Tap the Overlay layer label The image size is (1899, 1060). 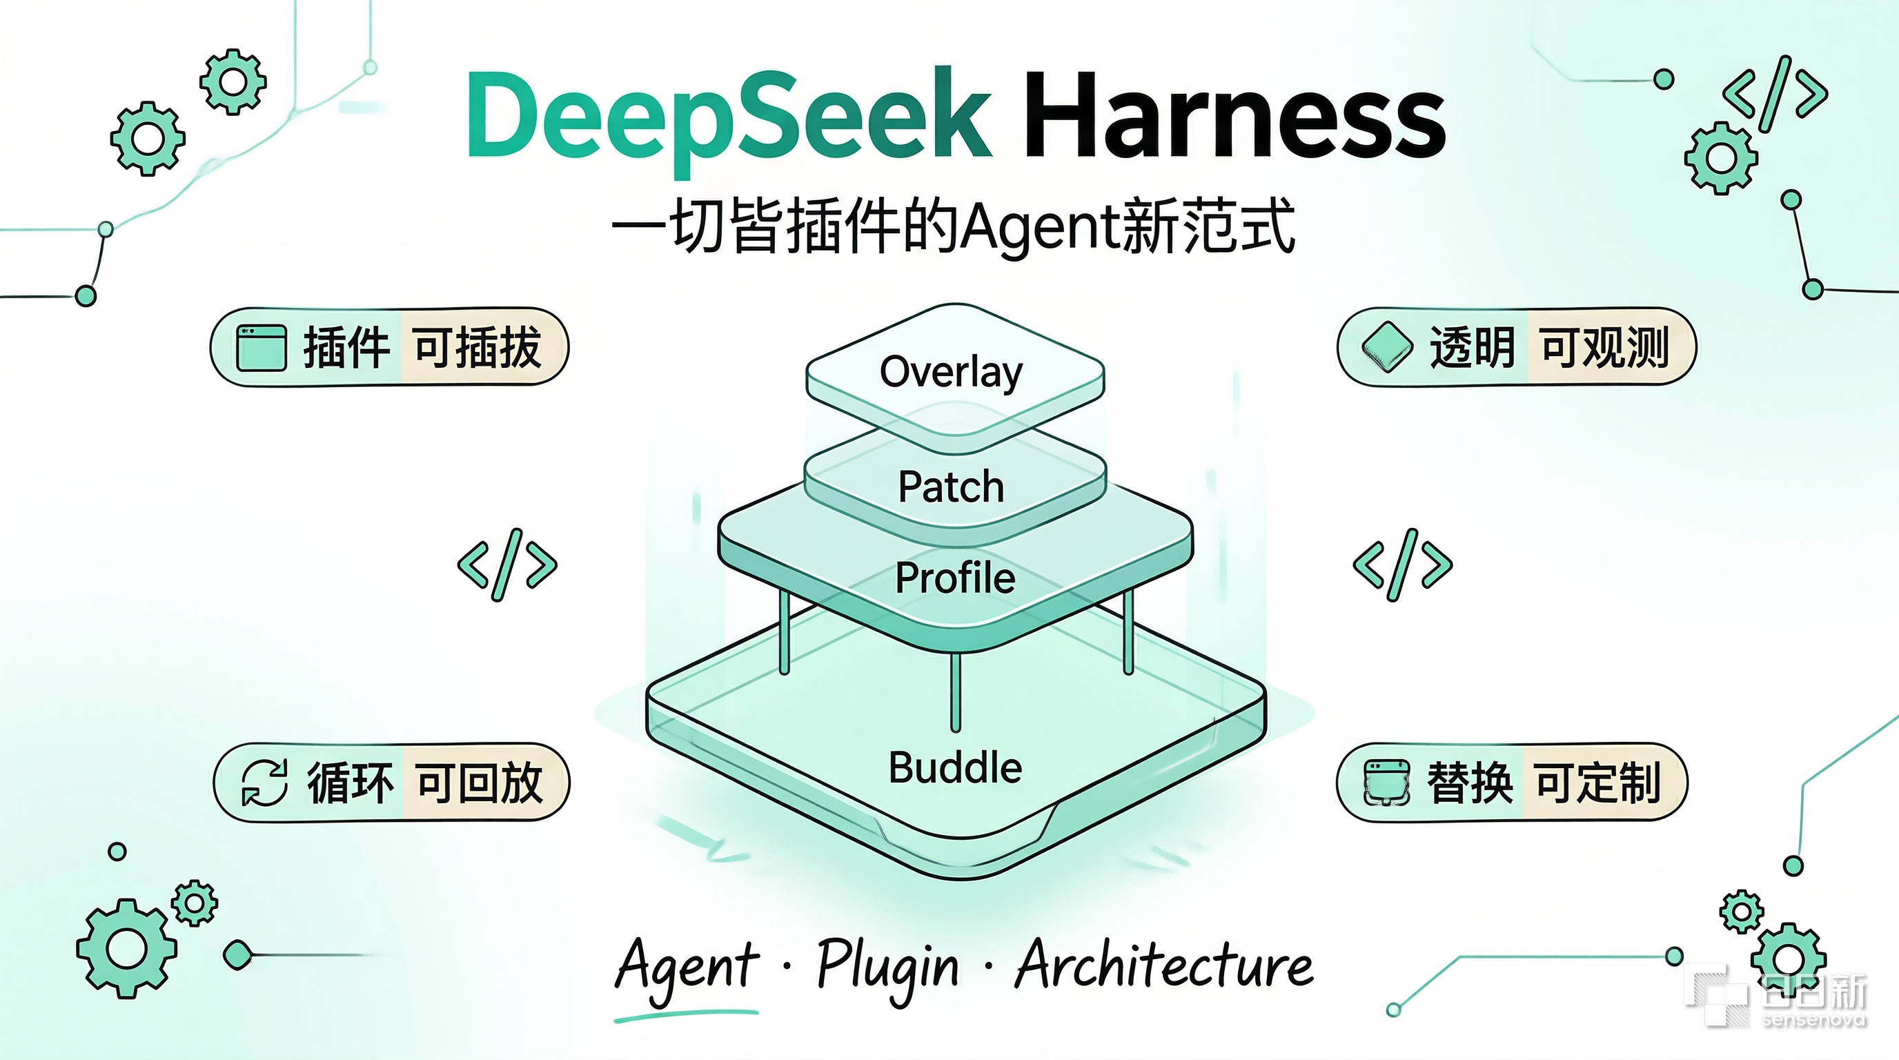click(x=952, y=372)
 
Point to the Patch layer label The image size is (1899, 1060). click(x=951, y=487)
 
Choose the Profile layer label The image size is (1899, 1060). click(x=956, y=577)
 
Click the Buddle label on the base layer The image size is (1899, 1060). click(x=956, y=767)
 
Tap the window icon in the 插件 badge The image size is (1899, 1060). click(x=261, y=347)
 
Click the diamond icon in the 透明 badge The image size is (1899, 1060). click(x=1387, y=346)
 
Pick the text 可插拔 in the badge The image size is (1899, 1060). click(x=478, y=346)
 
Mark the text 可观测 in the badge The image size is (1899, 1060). click(x=1604, y=346)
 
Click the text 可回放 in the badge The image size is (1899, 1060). click(x=479, y=782)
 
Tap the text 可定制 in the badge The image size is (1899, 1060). click(x=1597, y=782)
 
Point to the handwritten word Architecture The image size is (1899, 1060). click(x=1164, y=963)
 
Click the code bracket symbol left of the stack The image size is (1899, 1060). click(x=507, y=565)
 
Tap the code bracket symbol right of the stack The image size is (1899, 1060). click(x=1402, y=565)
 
